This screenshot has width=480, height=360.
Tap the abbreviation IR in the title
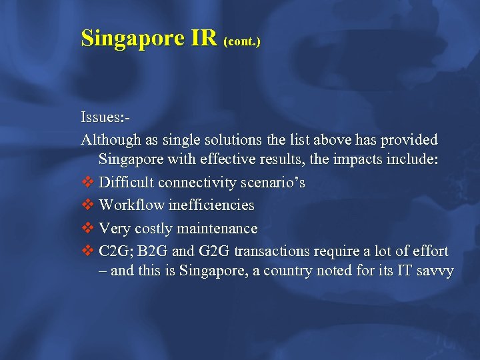pyautogui.click(x=204, y=39)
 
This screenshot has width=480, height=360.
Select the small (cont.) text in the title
pyautogui.click(x=243, y=41)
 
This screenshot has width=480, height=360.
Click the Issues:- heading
pyautogui.click(x=105, y=118)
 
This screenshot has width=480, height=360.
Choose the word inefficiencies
pyautogui.click(x=211, y=205)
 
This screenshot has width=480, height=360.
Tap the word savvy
pyautogui.click(x=433, y=271)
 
